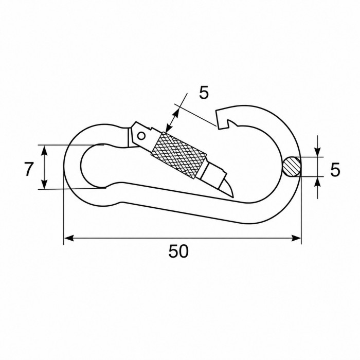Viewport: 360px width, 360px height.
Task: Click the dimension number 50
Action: (178, 251)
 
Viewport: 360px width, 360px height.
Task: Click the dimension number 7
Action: (29, 169)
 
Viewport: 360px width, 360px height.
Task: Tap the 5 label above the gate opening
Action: (204, 93)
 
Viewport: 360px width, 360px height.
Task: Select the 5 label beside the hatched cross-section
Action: (335, 170)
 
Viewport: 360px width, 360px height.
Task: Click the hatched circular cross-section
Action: (292, 167)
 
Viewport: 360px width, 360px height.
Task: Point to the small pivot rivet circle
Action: (141, 136)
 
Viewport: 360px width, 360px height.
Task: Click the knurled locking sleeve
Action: (178, 156)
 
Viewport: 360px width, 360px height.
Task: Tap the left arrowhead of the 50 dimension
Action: (69, 238)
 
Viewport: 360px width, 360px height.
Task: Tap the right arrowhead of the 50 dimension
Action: (296, 238)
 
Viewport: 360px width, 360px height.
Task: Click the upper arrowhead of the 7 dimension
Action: (44, 150)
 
